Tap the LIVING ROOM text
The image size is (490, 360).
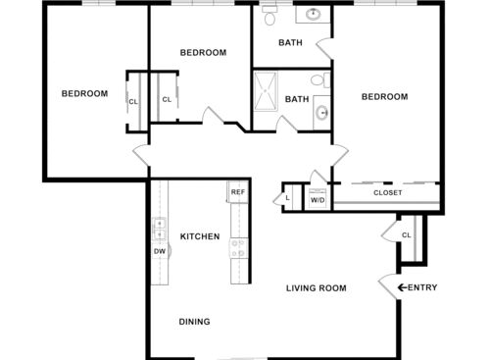pos(317,287)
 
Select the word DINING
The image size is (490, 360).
pos(194,321)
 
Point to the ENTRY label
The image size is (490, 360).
pos(423,287)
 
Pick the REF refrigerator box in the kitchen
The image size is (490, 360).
pos(237,191)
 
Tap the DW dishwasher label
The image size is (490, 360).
pos(159,251)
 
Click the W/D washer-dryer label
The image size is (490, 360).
pos(318,200)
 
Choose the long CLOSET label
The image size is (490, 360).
pos(388,192)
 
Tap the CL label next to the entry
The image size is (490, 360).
pos(406,235)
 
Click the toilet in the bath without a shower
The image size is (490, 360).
pos(270,16)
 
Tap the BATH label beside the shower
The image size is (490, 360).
pos(297,99)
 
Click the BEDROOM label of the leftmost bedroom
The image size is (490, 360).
pos(84,94)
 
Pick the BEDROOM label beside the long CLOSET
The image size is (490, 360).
pos(384,96)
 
